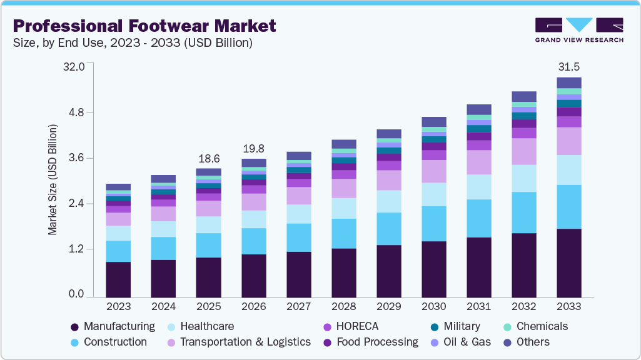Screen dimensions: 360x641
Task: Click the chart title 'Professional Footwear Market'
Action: coord(144,26)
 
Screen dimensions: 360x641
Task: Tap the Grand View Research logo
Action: coord(579,29)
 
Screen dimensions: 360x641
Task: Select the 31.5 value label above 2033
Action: coord(568,67)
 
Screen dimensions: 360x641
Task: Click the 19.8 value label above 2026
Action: coord(253,149)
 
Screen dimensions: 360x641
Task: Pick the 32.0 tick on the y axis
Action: coord(73,66)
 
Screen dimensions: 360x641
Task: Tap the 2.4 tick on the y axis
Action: coord(76,203)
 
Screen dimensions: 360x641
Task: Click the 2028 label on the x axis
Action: coord(343,307)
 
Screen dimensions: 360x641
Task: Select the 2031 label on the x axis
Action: coord(478,307)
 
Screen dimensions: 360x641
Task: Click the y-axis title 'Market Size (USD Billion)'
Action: coord(53,180)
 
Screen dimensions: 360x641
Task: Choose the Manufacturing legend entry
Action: coord(113,326)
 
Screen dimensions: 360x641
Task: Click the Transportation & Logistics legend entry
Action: coord(238,342)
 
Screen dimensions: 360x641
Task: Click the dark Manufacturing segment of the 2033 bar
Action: coord(568,262)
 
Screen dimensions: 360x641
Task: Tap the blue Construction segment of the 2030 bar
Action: coord(433,223)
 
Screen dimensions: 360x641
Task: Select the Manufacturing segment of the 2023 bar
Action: coord(118,279)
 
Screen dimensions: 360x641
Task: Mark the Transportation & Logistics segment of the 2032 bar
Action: coord(523,151)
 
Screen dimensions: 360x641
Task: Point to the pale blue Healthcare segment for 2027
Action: coord(298,214)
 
